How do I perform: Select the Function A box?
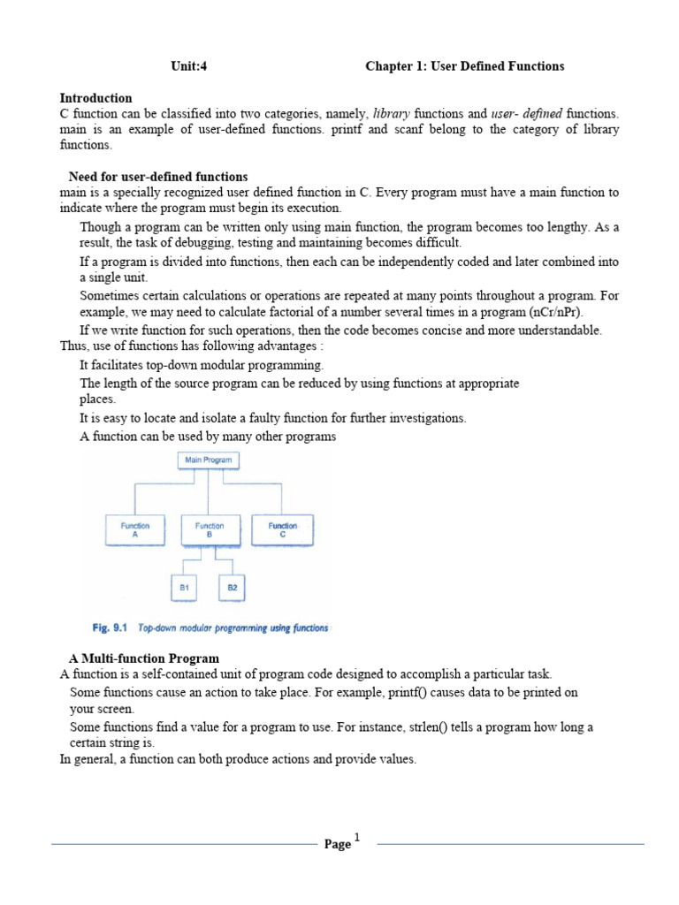[134, 530]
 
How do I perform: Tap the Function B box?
[210, 530]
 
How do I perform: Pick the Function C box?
[283, 530]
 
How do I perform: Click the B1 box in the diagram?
[185, 587]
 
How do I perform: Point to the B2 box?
[233, 587]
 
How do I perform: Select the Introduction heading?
[95, 98]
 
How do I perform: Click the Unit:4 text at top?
[189, 66]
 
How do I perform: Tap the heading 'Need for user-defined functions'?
[158, 177]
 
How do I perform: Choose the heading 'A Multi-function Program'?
[144, 658]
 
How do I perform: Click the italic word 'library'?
[392, 114]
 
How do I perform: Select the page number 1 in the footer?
[357, 837]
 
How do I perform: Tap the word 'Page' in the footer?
[337, 845]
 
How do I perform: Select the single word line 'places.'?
[98, 399]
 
